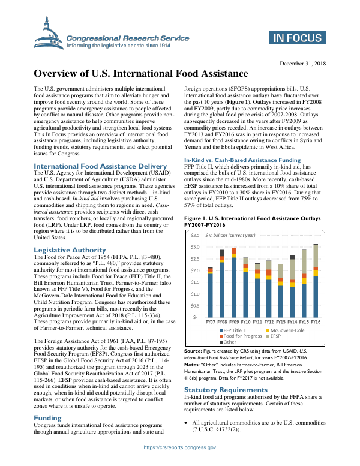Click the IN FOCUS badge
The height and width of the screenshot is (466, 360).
click(298, 39)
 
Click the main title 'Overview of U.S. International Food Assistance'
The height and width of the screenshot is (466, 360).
click(140, 74)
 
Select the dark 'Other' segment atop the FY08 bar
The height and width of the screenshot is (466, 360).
click(223, 253)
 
